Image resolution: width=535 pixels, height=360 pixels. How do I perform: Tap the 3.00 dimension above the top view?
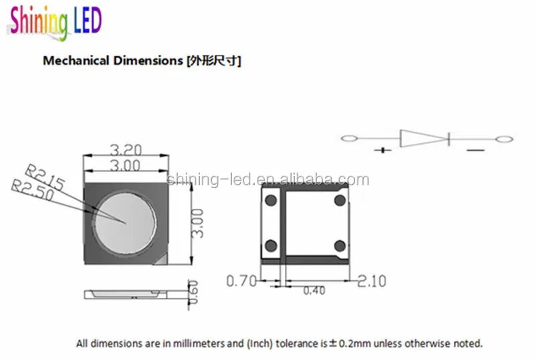(x=124, y=166)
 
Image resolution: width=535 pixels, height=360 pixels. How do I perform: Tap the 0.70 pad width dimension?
(x=242, y=281)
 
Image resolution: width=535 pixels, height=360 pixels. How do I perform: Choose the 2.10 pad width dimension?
(x=370, y=281)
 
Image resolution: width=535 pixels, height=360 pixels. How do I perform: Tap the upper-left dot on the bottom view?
(x=272, y=200)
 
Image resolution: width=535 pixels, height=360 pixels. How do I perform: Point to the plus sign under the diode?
(x=384, y=151)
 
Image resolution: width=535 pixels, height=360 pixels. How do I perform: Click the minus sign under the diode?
(x=475, y=151)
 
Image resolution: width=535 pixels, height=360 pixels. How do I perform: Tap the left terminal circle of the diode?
(x=349, y=139)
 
